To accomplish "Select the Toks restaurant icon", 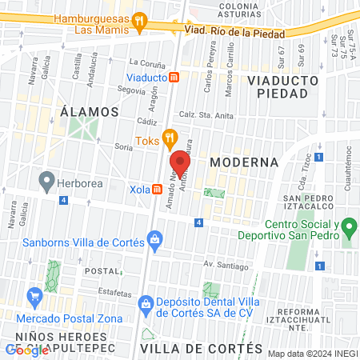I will click(169, 138).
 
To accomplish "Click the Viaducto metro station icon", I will click(174, 78).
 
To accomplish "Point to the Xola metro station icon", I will click(158, 190).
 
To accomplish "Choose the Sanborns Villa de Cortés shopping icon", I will click(154, 240).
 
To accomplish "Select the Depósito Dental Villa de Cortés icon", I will click(146, 304).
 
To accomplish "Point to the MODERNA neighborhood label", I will click(244, 162).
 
